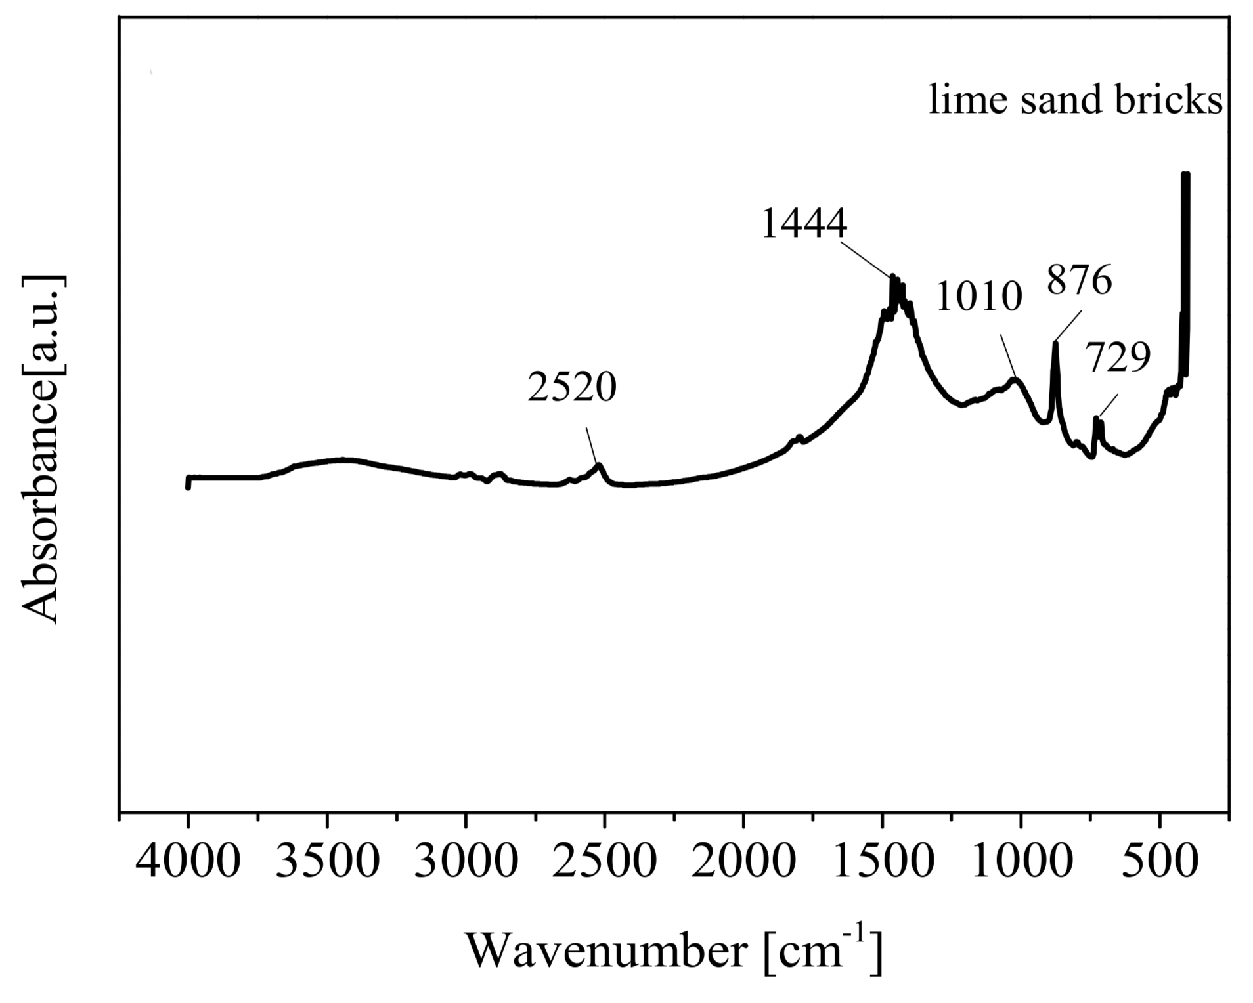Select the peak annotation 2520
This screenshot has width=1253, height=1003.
click(x=572, y=387)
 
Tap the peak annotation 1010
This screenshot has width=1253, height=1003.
click(x=979, y=296)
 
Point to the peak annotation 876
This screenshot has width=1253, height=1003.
click(x=1079, y=280)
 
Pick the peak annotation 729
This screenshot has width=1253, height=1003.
click(x=1117, y=358)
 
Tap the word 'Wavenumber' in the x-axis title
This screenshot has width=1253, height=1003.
click(x=607, y=950)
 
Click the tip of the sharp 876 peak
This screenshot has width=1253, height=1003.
click(x=1055, y=343)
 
